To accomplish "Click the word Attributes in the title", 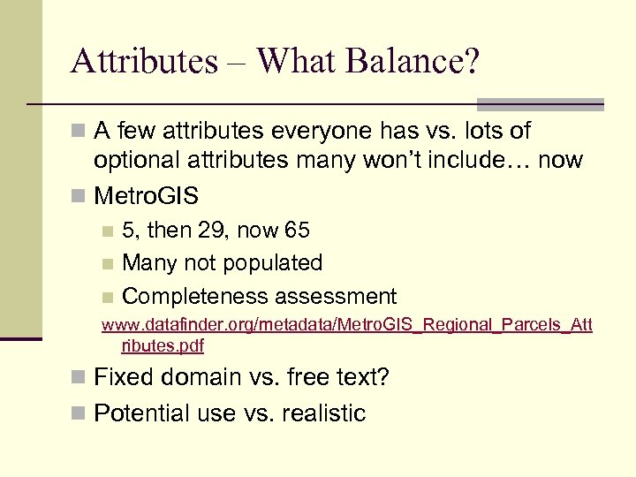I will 144,62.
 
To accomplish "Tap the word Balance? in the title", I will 413,62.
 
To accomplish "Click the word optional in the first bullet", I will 141,161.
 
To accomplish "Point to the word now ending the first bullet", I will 562,161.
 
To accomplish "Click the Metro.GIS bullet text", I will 146,194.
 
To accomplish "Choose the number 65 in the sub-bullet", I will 297,231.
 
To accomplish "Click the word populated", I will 274,263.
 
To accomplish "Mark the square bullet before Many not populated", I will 107,264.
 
